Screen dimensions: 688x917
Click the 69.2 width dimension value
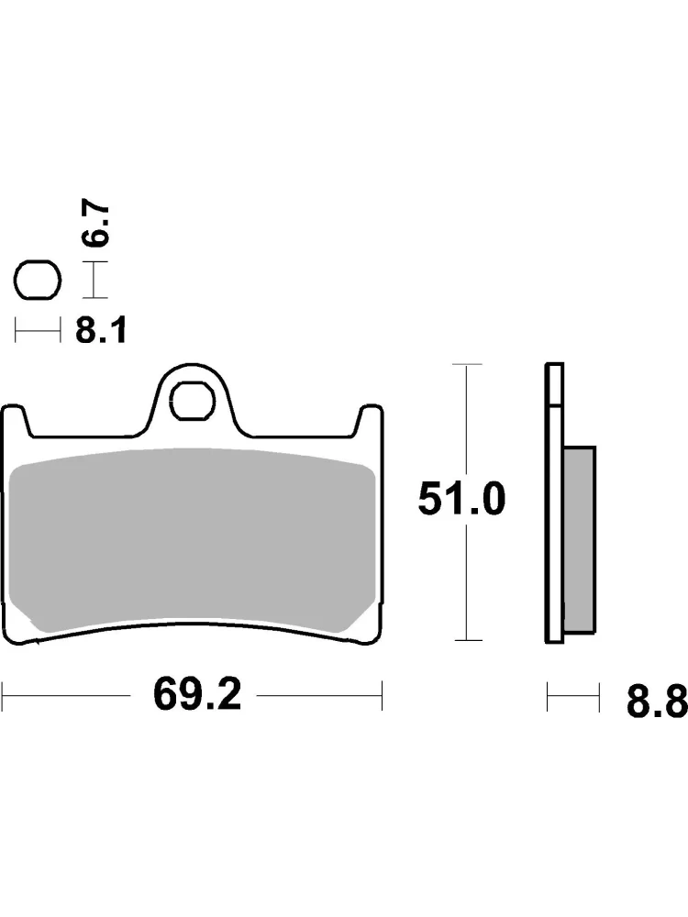pos(196,695)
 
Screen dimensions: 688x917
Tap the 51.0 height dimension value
pos(461,500)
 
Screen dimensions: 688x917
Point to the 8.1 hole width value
pos(101,332)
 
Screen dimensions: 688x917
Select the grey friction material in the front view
pos(193,540)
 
